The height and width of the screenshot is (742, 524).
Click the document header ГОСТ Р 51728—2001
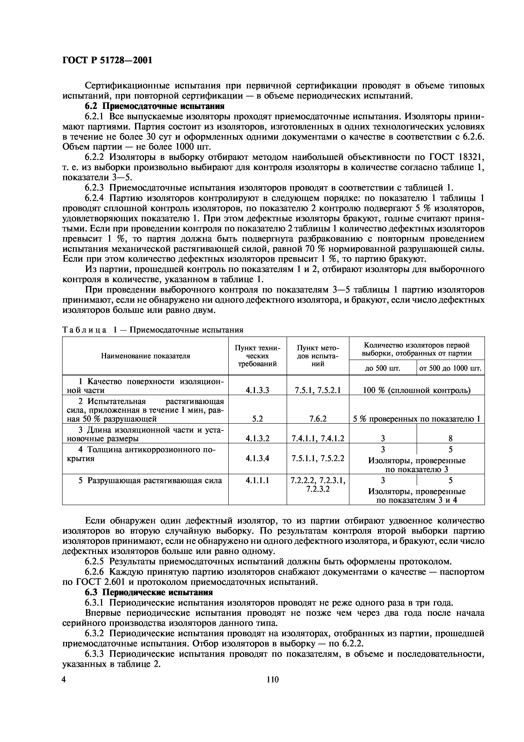coord(107,60)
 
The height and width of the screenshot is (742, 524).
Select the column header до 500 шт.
coord(383,368)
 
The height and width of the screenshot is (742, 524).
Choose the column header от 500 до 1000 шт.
coord(450,368)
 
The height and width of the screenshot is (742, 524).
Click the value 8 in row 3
coord(450,438)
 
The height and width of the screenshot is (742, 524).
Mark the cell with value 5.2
coord(257,419)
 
